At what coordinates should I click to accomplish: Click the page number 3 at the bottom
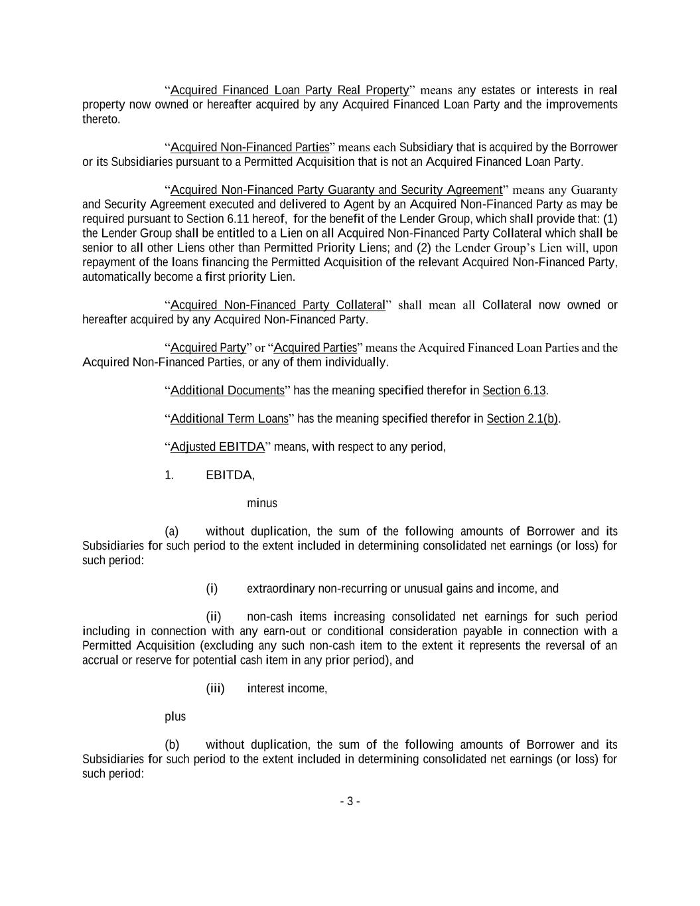pyautogui.click(x=350, y=801)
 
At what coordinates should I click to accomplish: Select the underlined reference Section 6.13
pyautogui.click(x=514, y=390)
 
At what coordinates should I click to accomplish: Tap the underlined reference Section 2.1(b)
pyautogui.click(x=522, y=418)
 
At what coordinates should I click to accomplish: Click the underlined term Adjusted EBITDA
pyautogui.click(x=218, y=447)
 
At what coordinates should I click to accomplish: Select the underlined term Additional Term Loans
pyautogui.click(x=230, y=418)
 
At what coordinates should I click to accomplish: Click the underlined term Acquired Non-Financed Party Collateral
pyautogui.click(x=277, y=305)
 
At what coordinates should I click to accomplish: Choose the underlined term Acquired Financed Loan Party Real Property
pyautogui.click(x=289, y=90)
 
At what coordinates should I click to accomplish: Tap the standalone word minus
pyautogui.click(x=262, y=503)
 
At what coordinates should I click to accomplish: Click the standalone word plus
pyautogui.click(x=175, y=717)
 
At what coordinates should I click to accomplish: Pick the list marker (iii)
pyautogui.click(x=216, y=688)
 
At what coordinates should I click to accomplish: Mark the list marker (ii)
pyautogui.click(x=214, y=617)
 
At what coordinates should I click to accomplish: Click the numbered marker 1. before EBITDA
pyautogui.click(x=169, y=475)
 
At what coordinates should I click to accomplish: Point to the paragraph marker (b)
pyautogui.click(x=172, y=745)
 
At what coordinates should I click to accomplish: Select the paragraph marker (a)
pyautogui.click(x=172, y=531)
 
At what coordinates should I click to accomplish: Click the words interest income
pyautogui.click(x=287, y=688)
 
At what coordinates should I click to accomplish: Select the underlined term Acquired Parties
pyautogui.click(x=315, y=348)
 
